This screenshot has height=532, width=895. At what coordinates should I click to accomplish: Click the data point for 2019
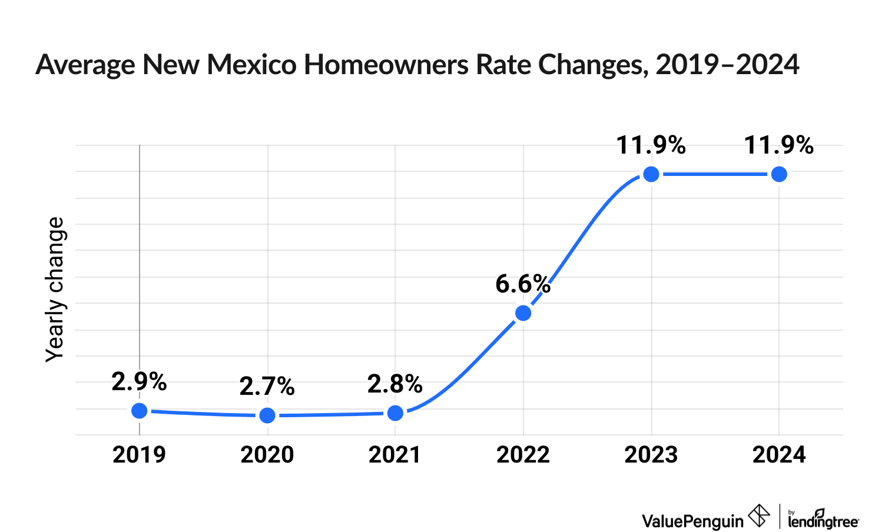139,411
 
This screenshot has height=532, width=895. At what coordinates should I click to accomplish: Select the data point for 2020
267,415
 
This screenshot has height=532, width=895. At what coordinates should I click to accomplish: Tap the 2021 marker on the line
395,413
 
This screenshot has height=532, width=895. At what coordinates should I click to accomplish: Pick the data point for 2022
523,313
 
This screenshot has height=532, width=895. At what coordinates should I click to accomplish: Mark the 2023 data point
651,174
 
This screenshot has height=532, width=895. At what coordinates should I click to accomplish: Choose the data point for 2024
779,174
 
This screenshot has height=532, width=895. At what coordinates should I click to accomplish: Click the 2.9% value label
139,383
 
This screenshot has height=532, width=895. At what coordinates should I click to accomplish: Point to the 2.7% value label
267,387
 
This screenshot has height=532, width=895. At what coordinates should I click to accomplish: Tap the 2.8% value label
395,384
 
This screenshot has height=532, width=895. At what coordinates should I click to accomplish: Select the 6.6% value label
523,284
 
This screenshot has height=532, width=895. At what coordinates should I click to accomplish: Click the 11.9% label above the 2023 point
651,145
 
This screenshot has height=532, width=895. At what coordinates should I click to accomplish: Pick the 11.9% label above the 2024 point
779,145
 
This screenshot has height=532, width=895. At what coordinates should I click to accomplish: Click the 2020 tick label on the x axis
267,455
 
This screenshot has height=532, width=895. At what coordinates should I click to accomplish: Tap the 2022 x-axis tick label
523,455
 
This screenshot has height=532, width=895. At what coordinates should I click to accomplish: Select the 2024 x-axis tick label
779,455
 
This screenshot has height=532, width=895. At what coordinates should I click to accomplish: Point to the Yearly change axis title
55,289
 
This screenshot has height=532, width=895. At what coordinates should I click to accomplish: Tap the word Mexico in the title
251,65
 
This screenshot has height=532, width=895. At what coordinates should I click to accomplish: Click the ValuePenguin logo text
692,521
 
